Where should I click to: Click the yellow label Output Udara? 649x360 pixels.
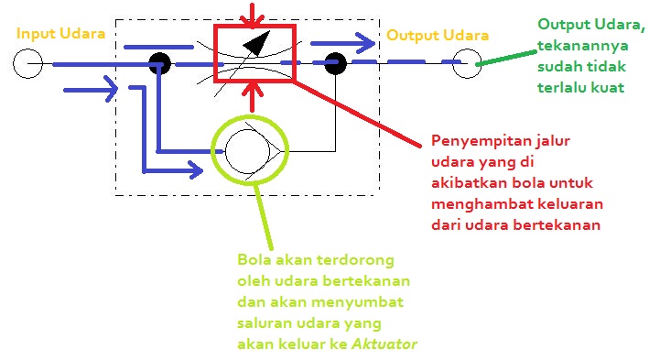437,36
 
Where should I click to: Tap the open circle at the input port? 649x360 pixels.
28,64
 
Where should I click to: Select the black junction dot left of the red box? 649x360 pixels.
160,64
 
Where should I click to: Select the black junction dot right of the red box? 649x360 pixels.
335,64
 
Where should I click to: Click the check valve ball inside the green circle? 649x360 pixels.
245,147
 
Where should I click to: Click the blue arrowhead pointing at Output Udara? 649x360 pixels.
366,41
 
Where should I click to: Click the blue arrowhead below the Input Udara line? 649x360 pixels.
108,89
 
